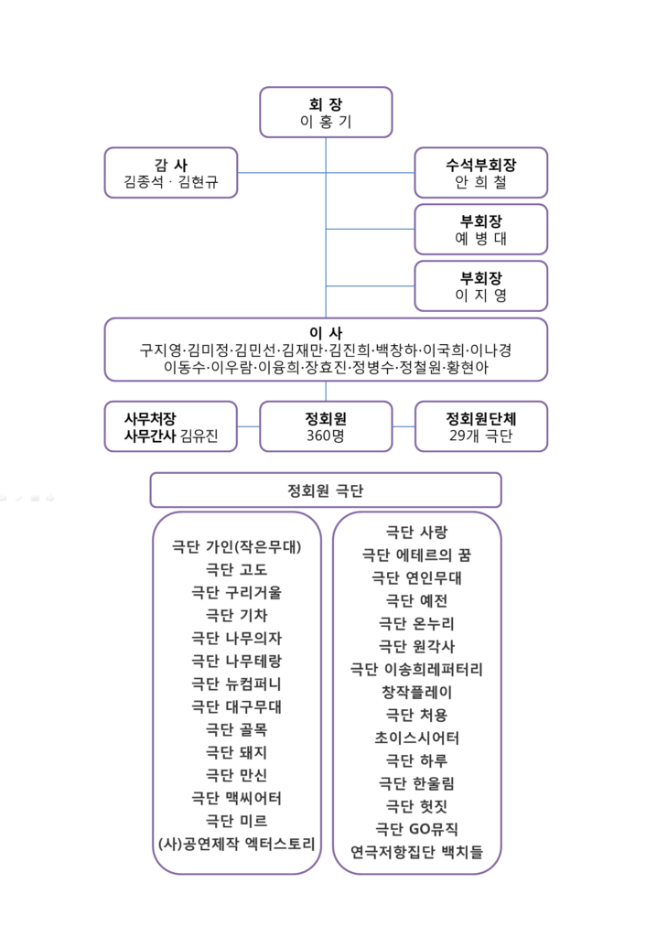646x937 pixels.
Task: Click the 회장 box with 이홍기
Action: coord(326,113)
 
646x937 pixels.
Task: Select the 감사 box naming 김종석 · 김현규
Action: coord(171,173)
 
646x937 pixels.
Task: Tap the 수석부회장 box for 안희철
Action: coord(481,173)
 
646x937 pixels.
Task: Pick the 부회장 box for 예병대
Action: coord(481,230)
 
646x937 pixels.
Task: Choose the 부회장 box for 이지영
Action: coord(481,286)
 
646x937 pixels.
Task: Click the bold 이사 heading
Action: coord(326,333)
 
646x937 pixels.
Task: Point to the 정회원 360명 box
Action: coord(326,426)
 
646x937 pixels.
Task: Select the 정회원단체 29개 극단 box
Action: coord(481,426)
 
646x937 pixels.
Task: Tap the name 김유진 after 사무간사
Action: coord(199,436)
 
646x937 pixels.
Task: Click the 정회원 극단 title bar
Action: coord(326,490)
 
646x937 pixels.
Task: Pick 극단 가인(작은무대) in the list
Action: coord(237,547)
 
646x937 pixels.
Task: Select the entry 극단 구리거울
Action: coord(237,592)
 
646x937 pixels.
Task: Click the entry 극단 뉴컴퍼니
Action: coord(237,684)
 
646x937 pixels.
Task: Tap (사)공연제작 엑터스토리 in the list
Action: coord(237,844)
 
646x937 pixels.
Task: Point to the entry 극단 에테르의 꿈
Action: coord(416,555)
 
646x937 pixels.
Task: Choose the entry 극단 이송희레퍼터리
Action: coord(416,669)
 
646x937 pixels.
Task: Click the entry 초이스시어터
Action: coord(416,738)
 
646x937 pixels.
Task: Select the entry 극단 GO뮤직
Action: coord(416,829)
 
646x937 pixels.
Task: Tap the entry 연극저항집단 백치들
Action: coord(416,852)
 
